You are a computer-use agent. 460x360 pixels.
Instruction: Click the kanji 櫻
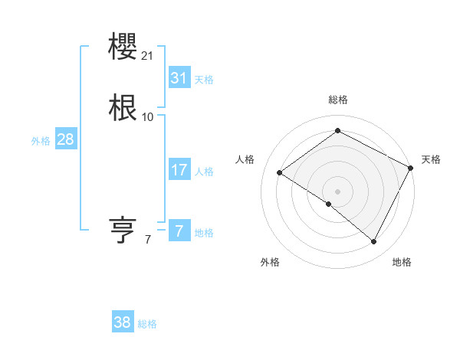[123, 47]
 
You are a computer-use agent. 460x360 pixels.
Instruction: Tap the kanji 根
[123, 107]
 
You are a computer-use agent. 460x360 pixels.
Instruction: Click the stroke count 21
[148, 56]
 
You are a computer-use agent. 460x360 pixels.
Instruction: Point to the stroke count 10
[148, 117]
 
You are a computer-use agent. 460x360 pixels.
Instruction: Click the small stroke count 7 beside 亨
[148, 240]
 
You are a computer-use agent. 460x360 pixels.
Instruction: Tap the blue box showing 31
[179, 78]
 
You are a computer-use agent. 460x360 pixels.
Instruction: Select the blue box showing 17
[179, 170]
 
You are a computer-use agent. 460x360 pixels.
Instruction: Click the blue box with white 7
[179, 231]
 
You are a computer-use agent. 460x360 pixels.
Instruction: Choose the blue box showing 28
[65, 139]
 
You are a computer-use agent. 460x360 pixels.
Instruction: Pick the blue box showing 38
[123, 322]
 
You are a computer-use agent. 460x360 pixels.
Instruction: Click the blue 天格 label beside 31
[204, 80]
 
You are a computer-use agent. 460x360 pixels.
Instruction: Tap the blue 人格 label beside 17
[204, 172]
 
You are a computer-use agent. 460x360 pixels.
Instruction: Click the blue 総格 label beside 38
[147, 324]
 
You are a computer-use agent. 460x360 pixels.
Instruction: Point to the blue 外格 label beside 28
[41, 141]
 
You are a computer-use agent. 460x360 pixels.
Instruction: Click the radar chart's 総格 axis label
[338, 100]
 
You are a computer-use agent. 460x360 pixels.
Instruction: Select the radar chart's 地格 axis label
[402, 262]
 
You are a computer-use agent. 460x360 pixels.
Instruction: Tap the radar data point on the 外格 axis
[329, 204]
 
